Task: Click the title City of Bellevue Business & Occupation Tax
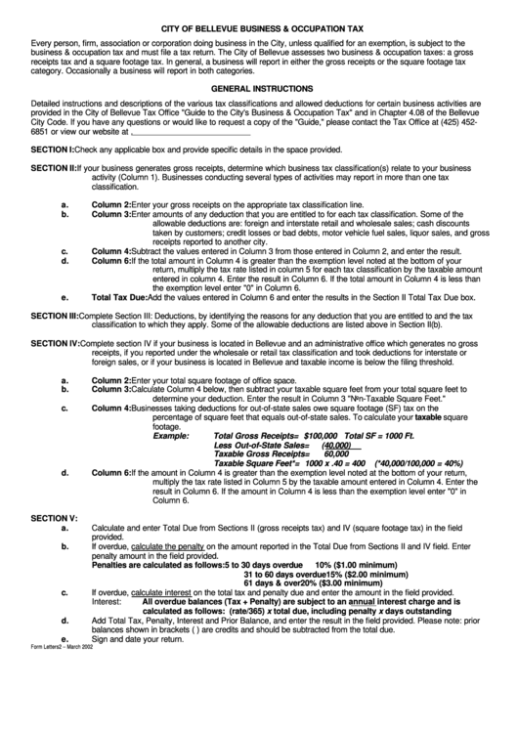pyautogui.click(x=258, y=30)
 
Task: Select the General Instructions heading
pyautogui.click(x=258, y=87)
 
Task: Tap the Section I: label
pyautogui.click(x=53, y=150)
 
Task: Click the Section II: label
pyautogui.click(x=54, y=169)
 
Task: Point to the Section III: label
pyautogui.click(x=55, y=316)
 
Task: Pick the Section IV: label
pyautogui.click(x=56, y=344)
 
